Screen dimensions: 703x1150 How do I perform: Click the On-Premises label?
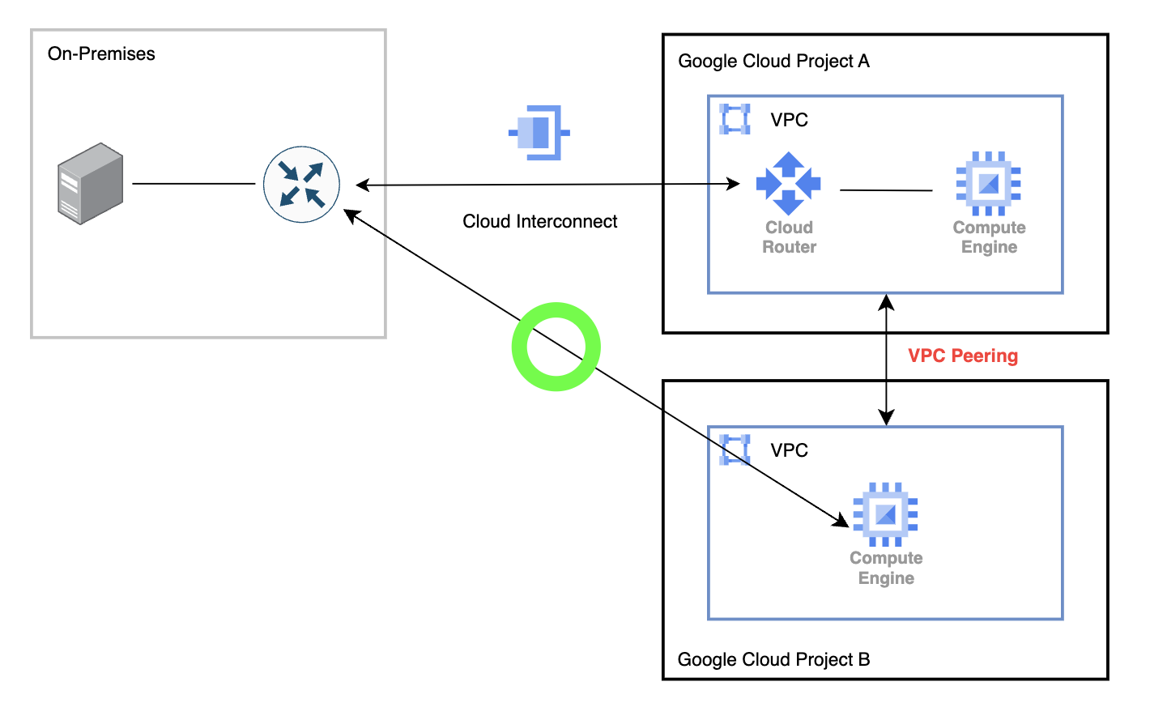tap(101, 54)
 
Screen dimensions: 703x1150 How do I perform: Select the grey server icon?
tap(90, 183)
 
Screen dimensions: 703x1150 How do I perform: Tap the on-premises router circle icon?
tap(301, 185)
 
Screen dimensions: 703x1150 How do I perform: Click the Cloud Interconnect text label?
tap(539, 222)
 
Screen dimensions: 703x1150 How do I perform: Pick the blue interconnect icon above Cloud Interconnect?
tap(539, 132)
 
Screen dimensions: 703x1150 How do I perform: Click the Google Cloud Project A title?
tap(773, 62)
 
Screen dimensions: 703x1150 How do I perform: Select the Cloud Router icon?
tap(788, 183)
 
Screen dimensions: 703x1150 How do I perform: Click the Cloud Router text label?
tap(789, 237)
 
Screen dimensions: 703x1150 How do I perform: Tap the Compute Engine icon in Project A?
tap(988, 183)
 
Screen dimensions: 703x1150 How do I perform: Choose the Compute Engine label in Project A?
tap(989, 237)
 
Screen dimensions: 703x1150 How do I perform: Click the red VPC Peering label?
tap(963, 356)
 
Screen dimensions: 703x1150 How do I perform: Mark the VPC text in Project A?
tap(789, 120)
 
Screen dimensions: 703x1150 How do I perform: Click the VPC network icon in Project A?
tap(735, 119)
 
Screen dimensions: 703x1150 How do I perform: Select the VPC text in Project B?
tap(789, 450)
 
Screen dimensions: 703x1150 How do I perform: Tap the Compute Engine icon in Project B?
tap(885, 514)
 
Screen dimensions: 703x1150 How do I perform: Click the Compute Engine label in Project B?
tap(886, 568)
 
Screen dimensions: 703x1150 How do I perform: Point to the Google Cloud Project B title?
tap(773, 659)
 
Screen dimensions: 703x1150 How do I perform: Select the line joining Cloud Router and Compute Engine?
tap(886, 190)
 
